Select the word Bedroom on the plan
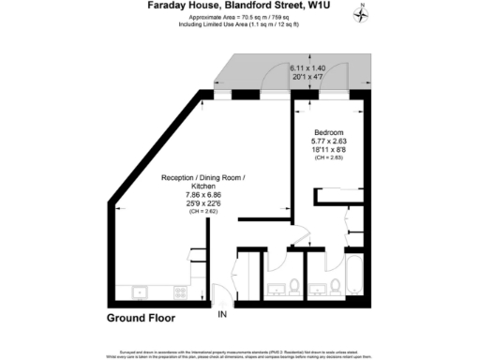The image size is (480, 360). [x=328, y=132]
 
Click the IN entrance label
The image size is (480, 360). [x=222, y=315]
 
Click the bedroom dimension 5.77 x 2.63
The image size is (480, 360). [x=328, y=142]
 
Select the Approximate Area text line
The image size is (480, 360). [x=240, y=17]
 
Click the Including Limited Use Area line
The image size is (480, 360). [x=240, y=24]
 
